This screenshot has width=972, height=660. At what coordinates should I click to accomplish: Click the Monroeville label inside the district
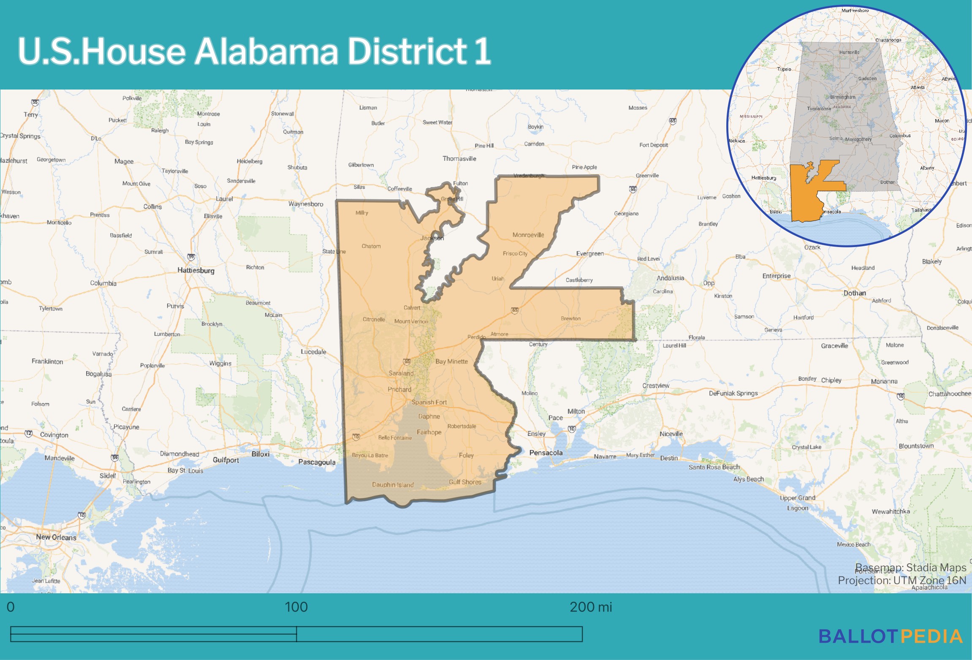pyautogui.click(x=528, y=235)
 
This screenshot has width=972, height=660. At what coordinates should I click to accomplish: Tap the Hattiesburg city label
pyautogui.click(x=195, y=270)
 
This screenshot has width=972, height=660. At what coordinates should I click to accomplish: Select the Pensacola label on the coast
pyautogui.click(x=546, y=453)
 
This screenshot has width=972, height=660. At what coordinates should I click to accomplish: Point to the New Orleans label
pyautogui.click(x=56, y=537)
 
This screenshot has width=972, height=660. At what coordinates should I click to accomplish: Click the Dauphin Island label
pyautogui.click(x=393, y=485)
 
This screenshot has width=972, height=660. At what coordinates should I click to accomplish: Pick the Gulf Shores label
pyautogui.click(x=465, y=482)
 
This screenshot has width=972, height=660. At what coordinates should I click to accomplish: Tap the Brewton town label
pyautogui.click(x=570, y=318)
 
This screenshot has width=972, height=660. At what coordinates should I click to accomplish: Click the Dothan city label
pyautogui.click(x=854, y=293)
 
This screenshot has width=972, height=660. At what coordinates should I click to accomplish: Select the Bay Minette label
pyautogui.click(x=451, y=361)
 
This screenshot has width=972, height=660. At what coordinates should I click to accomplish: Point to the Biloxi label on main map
pyautogui.click(x=260, y=454)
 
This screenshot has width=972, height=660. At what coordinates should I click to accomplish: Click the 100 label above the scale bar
pyautogui.click(x=296, y=607)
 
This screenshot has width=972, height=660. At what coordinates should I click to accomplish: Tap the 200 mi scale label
pyautogui.click(x=590, y=607)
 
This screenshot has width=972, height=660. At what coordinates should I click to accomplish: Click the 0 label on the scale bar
pyautogui.click(x=11, y=607)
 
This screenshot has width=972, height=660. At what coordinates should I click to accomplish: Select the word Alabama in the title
pyautogui.click(x=266, y=51)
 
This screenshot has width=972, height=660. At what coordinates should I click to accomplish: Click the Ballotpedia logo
pyautogui.click(x=891, y=636)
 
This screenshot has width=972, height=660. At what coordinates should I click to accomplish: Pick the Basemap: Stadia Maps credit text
pyautogui.click(x=910, y=568)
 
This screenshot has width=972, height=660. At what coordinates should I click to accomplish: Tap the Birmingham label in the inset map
pyautogui.click(x=842, y=97)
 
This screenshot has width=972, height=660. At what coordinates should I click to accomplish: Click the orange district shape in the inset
pyautogui.click(x=804, y=194)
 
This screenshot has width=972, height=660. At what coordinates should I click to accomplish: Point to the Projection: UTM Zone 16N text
pyautogui.click(x=901, y=580)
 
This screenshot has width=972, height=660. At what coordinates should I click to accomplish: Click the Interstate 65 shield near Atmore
pyautogui.click(x=514, y=310)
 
